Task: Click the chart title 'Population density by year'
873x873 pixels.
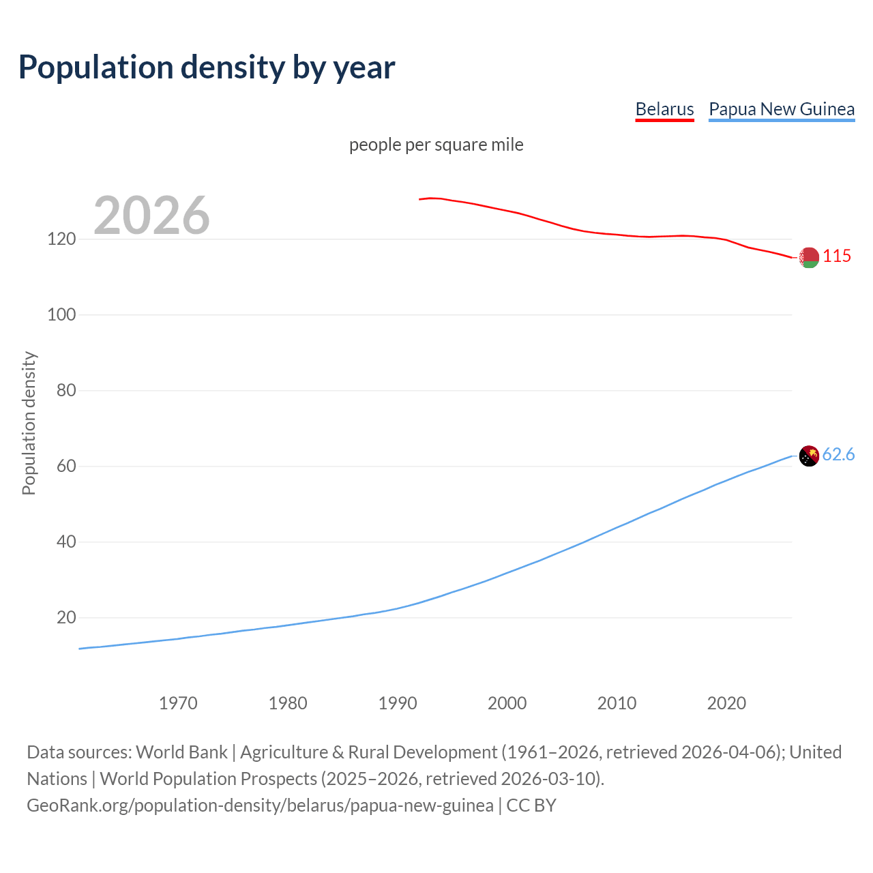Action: click(207, 68)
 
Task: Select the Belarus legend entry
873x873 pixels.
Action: click(664, 109)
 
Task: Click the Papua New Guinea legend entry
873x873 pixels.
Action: click(782, 109)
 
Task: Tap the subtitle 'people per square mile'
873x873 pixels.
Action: click(436, 145)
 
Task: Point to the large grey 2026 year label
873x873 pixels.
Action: click(151, 216)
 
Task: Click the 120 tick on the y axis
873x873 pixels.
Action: click(61, 239)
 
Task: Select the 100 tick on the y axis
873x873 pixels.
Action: click(61, 315)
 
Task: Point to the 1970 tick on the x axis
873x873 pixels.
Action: click(178, 703)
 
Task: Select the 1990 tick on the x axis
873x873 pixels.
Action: click(398, 703)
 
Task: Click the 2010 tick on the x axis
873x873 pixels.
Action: click(617, 703)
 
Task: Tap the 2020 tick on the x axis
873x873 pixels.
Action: click(726, 703)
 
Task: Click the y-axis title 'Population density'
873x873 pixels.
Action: click(29, 423)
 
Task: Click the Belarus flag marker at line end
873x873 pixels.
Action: click(809, 257)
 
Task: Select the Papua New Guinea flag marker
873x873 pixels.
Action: click(809, 456)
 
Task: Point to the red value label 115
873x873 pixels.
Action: click(837, 256)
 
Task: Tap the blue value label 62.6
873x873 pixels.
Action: click(838, 455)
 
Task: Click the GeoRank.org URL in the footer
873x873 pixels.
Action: click(260, 805)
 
